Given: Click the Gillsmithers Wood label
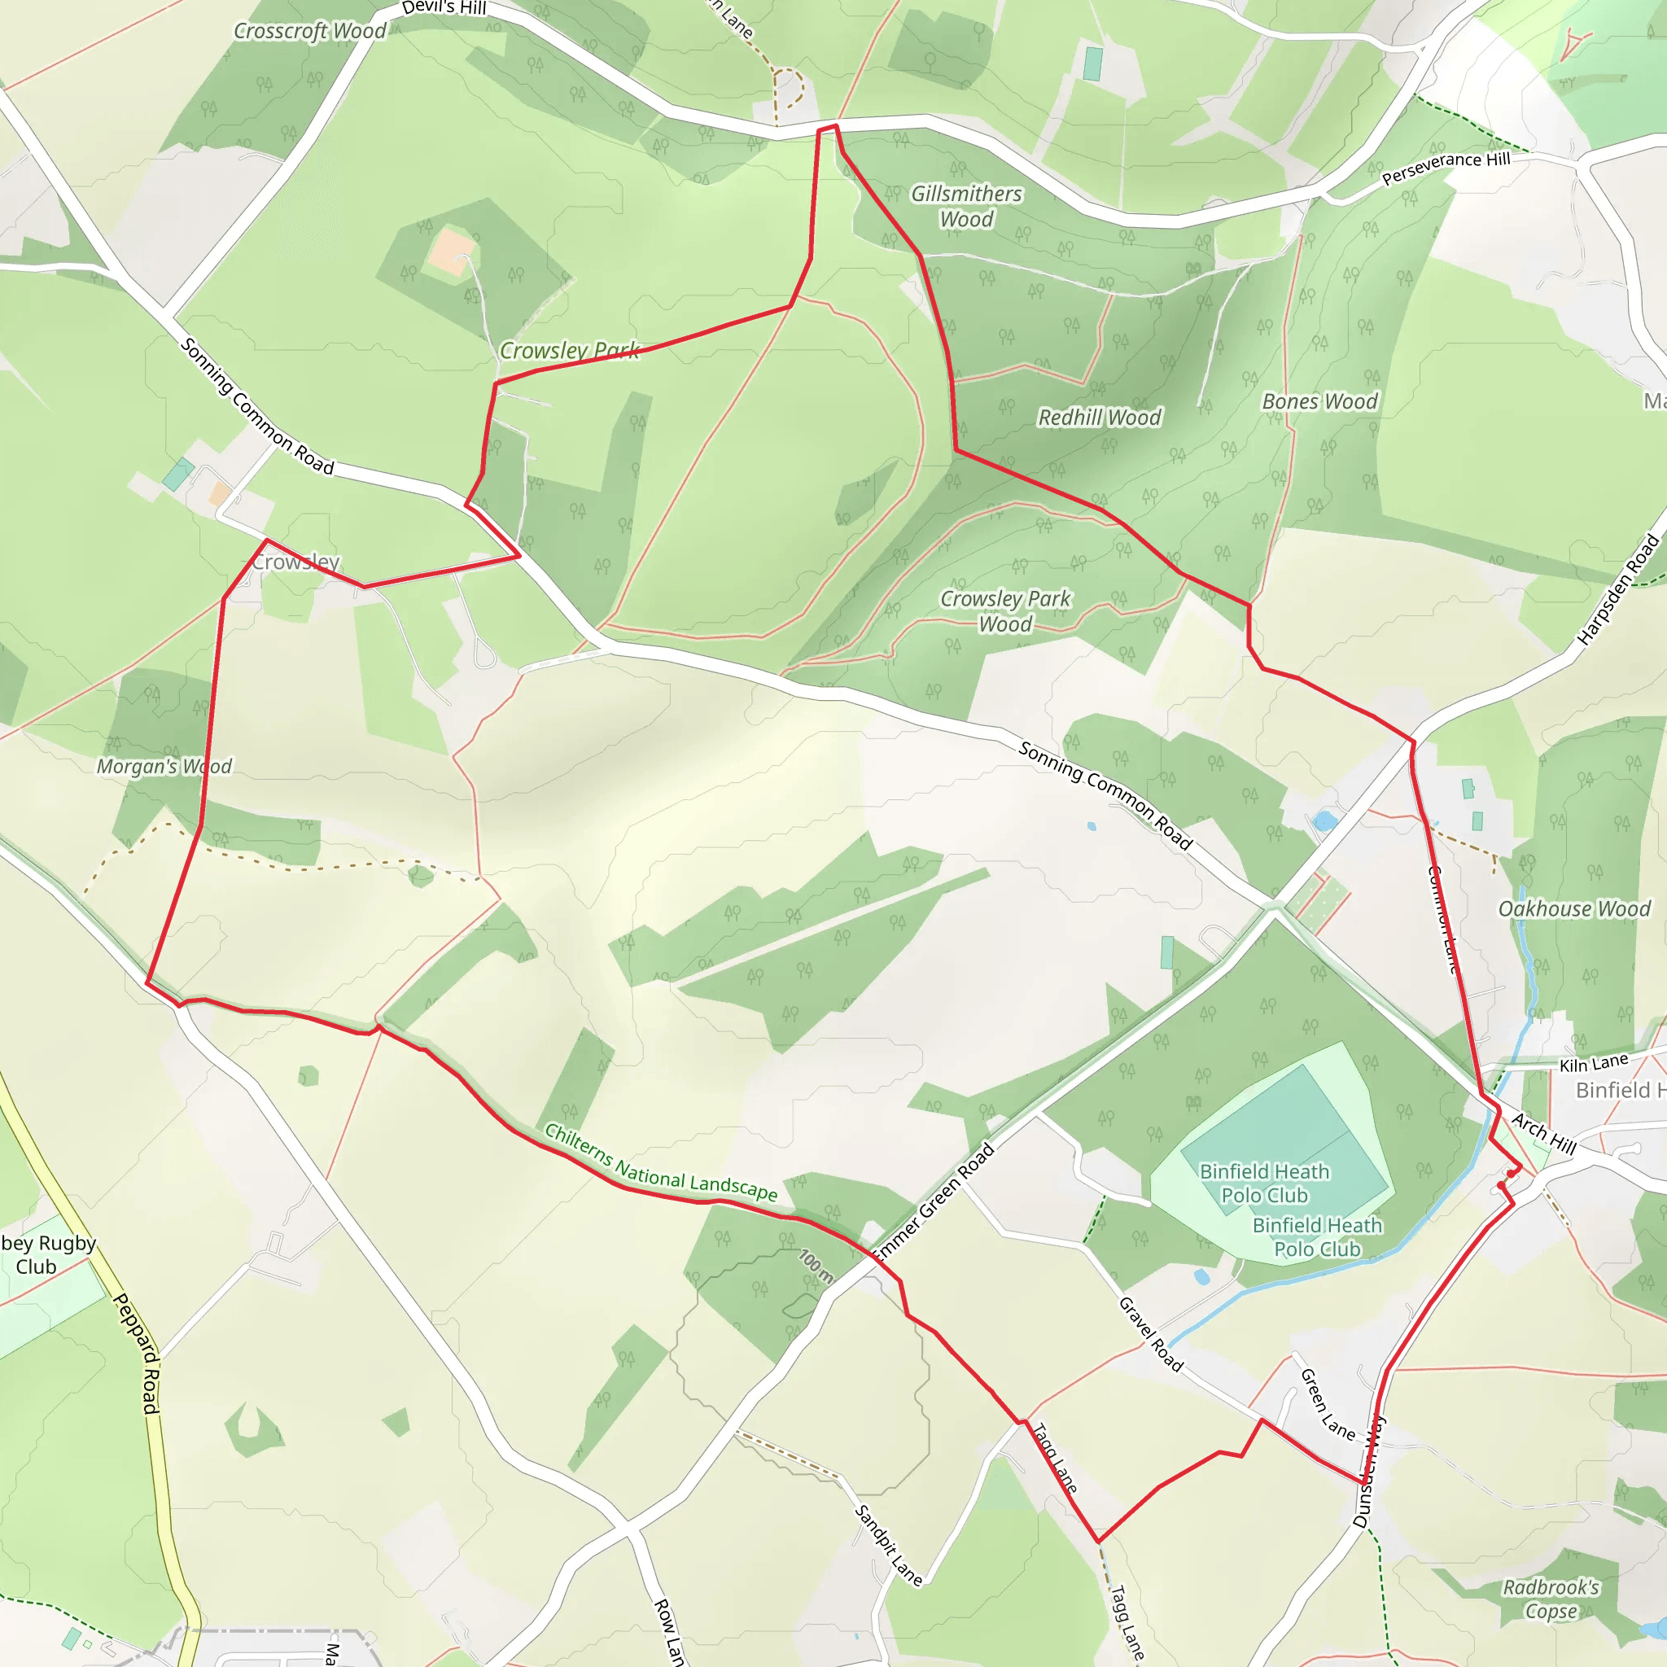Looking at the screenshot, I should pyautogui.click(x=966, y=206).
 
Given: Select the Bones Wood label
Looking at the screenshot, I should pyautogui.click(x=1319, y=401).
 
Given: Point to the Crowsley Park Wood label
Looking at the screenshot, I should pyautogui.click(x=1005, y=611).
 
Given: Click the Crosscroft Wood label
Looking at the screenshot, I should pyautogui.click(x=310, y=31).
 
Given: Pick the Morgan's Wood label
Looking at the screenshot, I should pyautogui.click(x=164, y=766).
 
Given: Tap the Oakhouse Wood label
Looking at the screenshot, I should pyautogui.click(x=1574, y=908).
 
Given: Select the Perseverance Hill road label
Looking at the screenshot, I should pyautogui.click(x=1446, y=168).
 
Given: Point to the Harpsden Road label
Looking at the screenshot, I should pyautogui.click(x=1618, y=589).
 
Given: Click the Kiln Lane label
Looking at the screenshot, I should pyautogui.click(x=1594, y=1063).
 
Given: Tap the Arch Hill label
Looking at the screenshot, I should pyautogui.click(x=1543, y=1134).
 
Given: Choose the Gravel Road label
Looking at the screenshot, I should pyautogui.click(x=1151, y=1334).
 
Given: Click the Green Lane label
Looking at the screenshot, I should pyautogui.click(x=1327, y=1404).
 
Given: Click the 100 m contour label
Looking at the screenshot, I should pyautogui.click(x=816, y=1266).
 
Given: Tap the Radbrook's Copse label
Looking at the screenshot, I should pyautogui.click(x=1551, y=1599).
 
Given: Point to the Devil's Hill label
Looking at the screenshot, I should pyautogui.click(x=444, y=8).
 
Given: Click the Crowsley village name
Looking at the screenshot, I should pyautogui.click(x=297, y=562).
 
